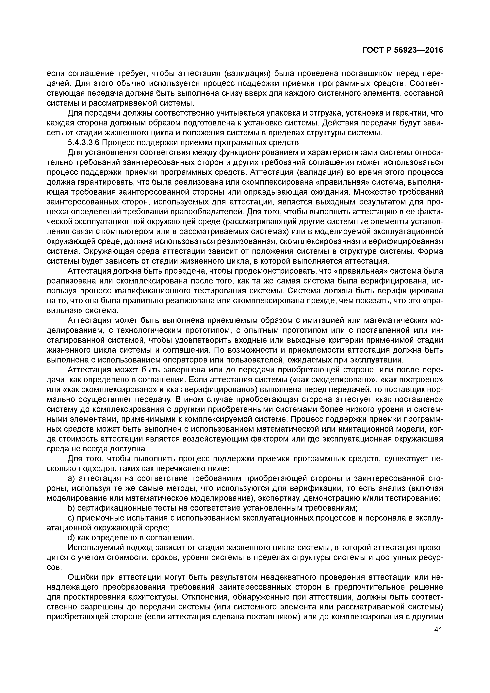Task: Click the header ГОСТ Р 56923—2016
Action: [x=402, y=50]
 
